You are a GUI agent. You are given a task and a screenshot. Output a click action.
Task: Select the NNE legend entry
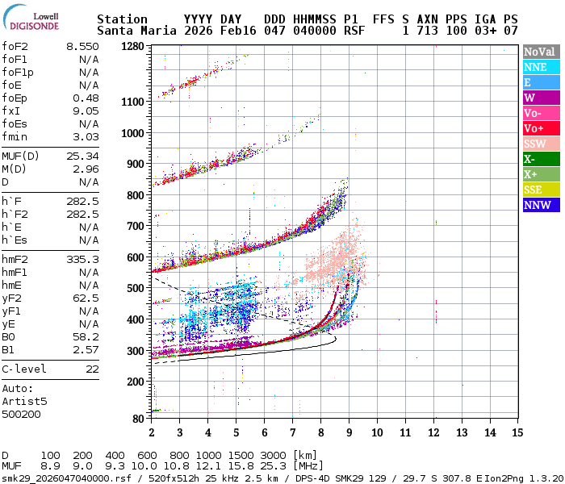pyautogui.click(x=541, y=67)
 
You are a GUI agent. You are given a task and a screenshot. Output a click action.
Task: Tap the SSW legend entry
pyautogui.click(x=541, y=143)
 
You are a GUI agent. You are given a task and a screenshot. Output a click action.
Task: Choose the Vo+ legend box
pyautogui.click(x=541, y=128)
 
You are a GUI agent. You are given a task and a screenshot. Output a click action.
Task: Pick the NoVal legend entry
pyautogui.click(x=541, y=52)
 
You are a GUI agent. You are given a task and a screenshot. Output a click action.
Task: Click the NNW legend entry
pyautogui.click(x=541, y=204)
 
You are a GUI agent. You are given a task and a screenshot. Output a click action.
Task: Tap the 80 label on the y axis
pyautogui.click(x=138, y=419)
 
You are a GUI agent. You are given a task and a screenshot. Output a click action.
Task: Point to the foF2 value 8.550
pyautogui.click(x=82, y=47)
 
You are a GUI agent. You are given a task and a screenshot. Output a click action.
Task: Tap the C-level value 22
pyautogui.click(x=92, y=369)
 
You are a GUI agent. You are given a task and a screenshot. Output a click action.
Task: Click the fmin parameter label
pyautogui.click(x=15, y=137)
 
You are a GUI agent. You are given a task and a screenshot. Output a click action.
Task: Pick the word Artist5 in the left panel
pyautogui.click(x=24, y=401)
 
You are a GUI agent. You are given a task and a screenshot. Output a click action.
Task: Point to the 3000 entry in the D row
pyautogui.click(x=273, y=455)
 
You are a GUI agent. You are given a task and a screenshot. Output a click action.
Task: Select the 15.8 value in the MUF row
pyautogui.click(x=246, y=465)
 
